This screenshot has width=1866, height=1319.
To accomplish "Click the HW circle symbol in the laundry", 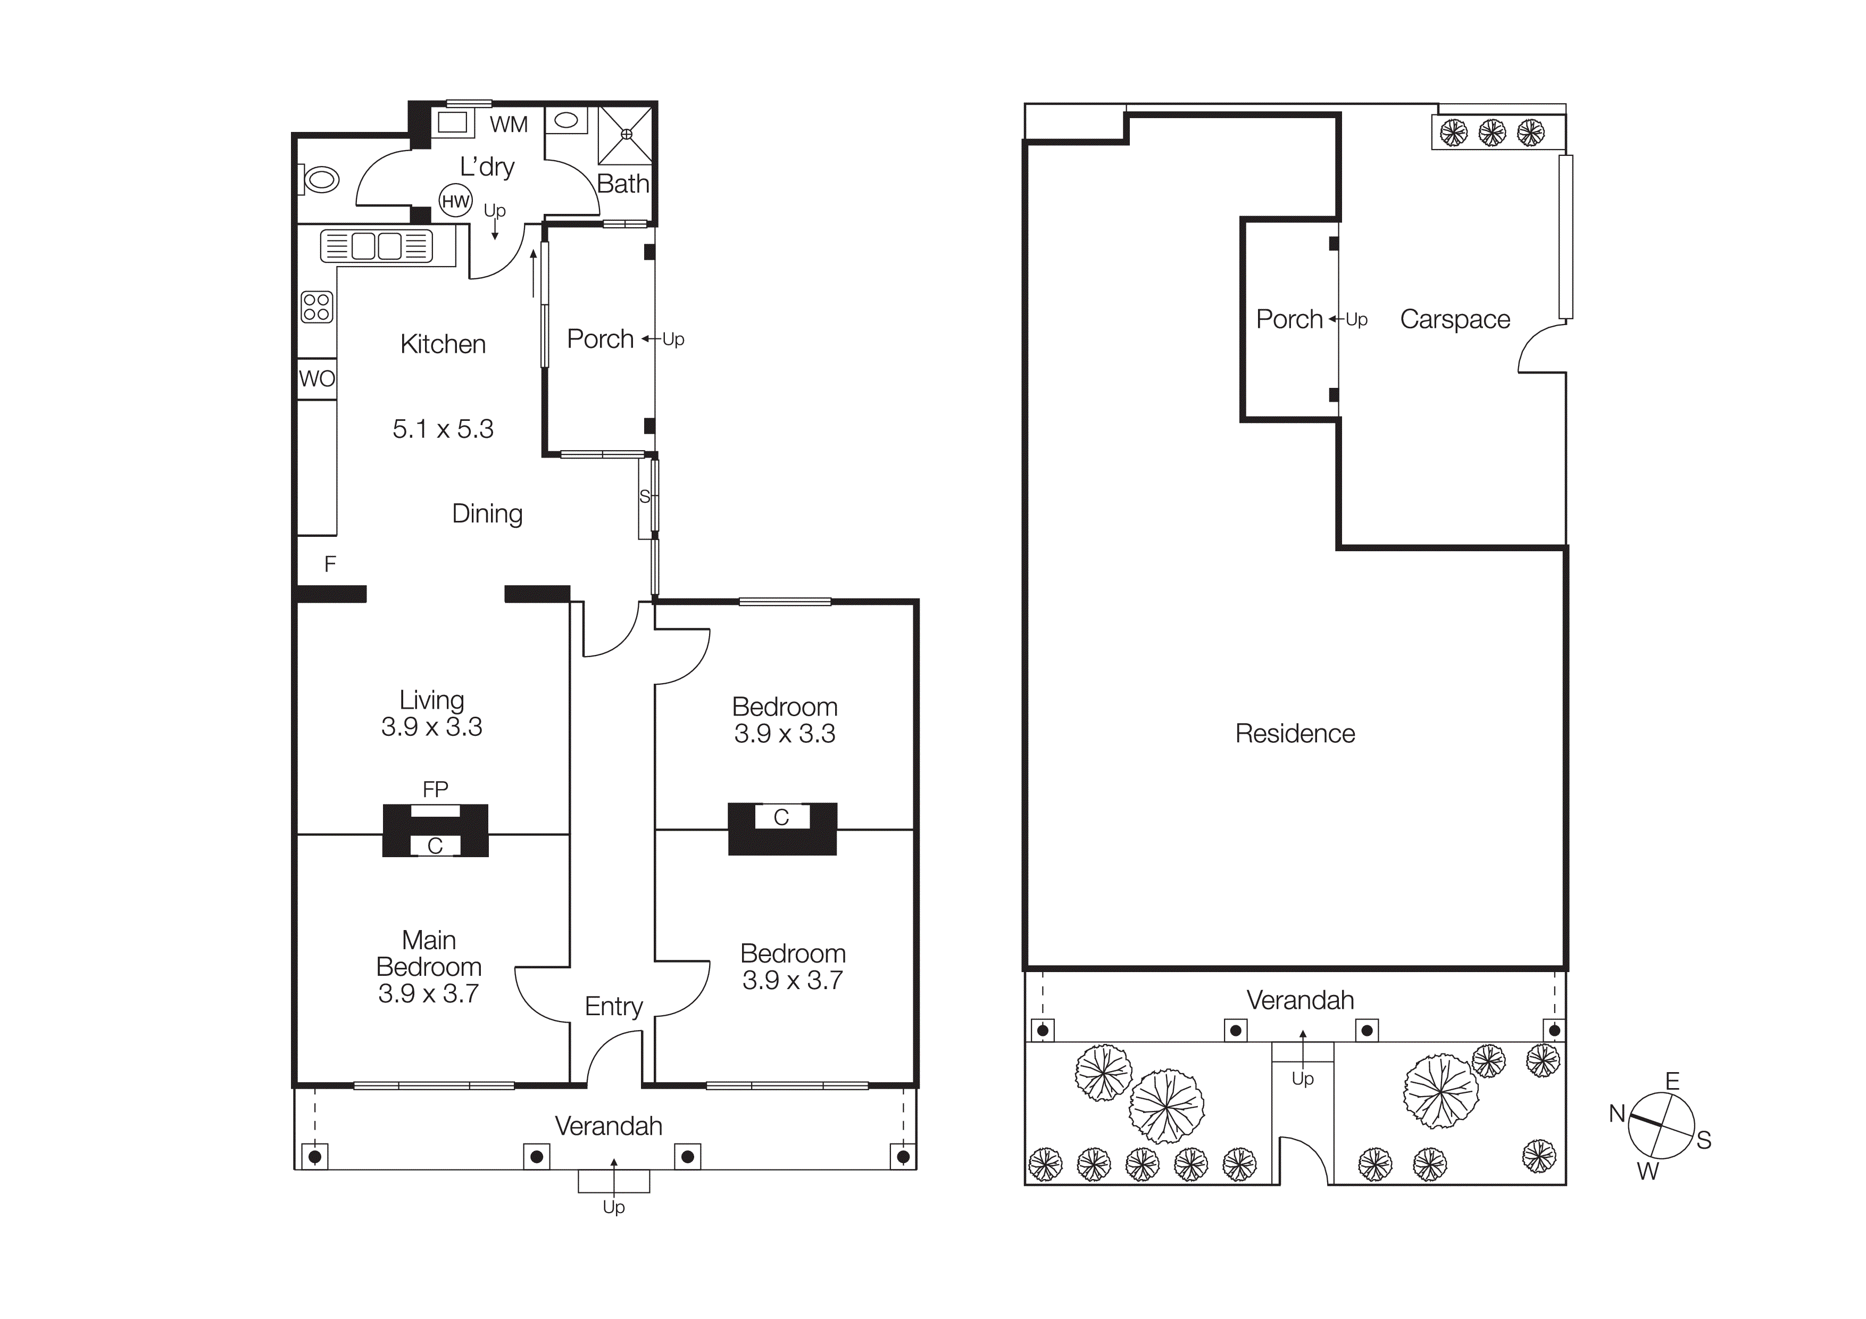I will (x=455, y=201).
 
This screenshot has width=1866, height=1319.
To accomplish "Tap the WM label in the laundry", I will (x=509, y=125).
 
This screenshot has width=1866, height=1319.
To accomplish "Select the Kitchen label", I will (x=443, y=344).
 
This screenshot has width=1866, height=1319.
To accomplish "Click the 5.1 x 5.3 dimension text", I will (x=443, y=429).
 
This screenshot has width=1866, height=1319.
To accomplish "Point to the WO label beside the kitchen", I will (x=317, y=379).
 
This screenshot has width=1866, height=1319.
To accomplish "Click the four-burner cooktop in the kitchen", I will (x=317, y=307).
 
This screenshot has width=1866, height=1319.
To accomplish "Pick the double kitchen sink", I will (x=376, y=245).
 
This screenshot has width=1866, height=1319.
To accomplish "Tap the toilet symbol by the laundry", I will (x=319, y=179).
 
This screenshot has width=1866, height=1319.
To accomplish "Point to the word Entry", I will (x=614, y=1006).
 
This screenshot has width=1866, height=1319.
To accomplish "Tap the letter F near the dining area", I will (x=330, y=564).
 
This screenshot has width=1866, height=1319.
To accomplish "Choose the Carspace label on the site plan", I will (x=1455, y=319).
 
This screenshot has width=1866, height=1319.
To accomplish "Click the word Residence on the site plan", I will (x=1295, y=734).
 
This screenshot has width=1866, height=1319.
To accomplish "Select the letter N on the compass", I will (x=1617, y=1114).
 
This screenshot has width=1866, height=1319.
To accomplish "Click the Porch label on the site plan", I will (x=1289, y=319).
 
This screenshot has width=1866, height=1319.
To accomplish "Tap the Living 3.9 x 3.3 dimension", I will (x=431, y=727).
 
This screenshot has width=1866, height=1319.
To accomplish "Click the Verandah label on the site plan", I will (x=1301, y=1000).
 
